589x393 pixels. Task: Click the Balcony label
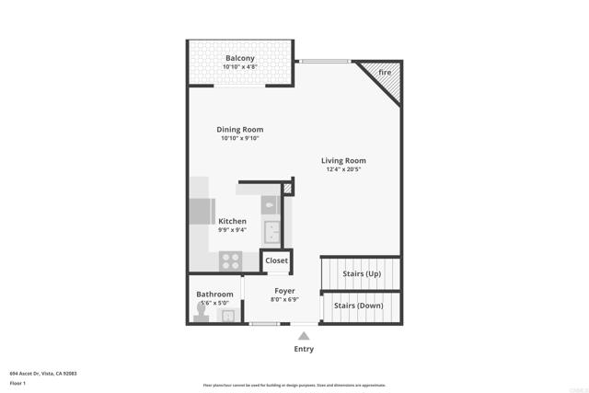240,59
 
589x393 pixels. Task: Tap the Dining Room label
240,130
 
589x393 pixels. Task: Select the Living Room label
344,161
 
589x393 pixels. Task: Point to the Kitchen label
232,221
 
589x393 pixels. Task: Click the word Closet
276,260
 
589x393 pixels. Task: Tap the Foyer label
284,291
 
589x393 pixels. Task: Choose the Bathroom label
214,295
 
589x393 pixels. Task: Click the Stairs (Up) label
362,273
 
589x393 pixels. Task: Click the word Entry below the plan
304,349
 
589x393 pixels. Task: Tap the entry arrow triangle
304,336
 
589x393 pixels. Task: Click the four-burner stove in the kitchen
229,260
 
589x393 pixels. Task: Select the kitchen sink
272,229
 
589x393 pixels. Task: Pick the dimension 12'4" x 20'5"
344,169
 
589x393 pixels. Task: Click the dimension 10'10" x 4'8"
240,67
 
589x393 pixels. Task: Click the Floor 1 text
17,382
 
